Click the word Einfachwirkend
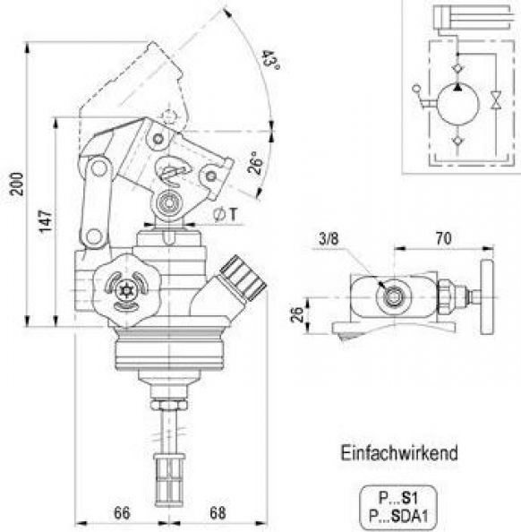pos(398,453)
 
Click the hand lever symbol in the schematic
pos(422,98)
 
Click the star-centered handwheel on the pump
pos(125,287)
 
